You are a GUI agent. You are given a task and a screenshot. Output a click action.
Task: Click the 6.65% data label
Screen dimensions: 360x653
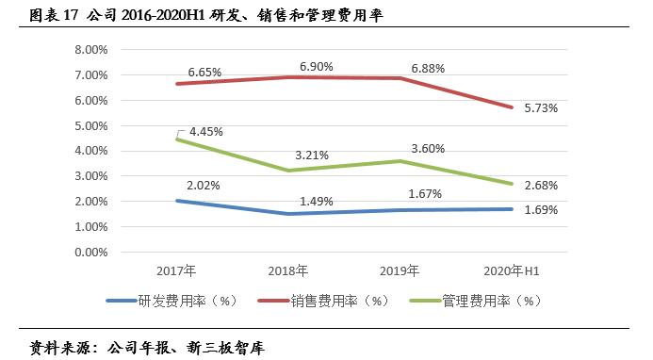pos(204,72)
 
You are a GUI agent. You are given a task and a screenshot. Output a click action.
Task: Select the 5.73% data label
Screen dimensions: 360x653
pos(540,108)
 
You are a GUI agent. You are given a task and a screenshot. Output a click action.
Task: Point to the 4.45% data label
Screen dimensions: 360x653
pos(204,132)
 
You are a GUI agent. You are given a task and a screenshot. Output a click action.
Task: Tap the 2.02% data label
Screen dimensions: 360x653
pos(204,186)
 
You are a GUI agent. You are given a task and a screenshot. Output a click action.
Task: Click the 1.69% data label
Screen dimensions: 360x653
pos(540,209)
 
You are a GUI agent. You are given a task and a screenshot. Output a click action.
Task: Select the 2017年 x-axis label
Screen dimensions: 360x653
pos(176,271)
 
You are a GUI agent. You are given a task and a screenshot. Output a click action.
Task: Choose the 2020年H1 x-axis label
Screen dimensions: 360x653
pos(512,271)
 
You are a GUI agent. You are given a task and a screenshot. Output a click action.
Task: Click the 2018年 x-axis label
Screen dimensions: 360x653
pos(288,271)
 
